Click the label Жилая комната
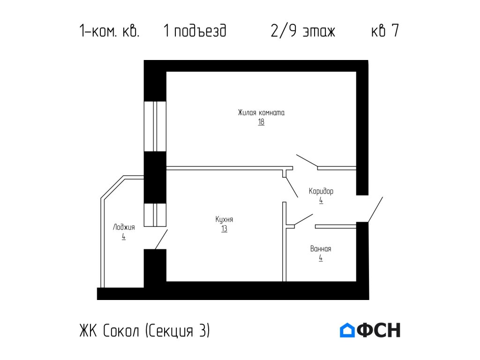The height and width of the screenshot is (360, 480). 261,112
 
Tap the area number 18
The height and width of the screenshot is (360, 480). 261,122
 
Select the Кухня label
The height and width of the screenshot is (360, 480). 225,219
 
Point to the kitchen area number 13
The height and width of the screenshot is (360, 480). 225,229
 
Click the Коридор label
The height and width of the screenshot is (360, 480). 321,191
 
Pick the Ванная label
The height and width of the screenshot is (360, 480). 321,249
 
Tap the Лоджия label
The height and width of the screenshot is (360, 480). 124,227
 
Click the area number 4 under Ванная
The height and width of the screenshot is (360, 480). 321,258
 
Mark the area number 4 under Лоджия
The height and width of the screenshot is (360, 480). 124,237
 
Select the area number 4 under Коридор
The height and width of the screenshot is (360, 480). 321,200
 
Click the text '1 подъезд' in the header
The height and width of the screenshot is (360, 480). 195,31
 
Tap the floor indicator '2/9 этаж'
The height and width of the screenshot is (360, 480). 303,31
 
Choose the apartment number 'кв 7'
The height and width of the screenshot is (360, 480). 384,31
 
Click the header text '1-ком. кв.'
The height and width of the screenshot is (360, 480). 110,31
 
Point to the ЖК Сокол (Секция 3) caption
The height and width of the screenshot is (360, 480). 144,330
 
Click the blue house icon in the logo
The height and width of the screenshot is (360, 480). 347,330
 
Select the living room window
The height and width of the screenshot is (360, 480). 155,126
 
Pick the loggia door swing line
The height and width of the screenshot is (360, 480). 161,240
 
